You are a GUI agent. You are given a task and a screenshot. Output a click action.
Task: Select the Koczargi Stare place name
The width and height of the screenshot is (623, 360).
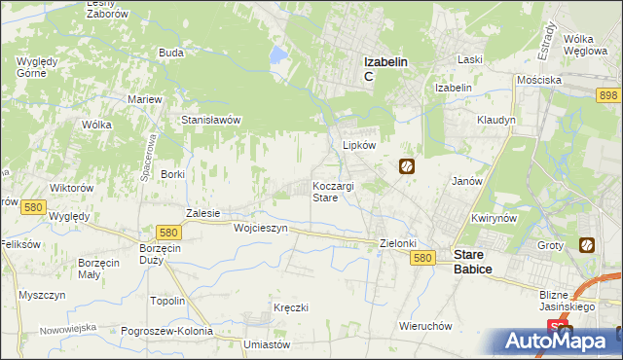click(x=333, y=191)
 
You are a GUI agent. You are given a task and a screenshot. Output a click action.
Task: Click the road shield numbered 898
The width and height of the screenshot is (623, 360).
click(x=609, y=94)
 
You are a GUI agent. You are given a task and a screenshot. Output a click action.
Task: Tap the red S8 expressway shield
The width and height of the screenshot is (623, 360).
click(x=555, y=327)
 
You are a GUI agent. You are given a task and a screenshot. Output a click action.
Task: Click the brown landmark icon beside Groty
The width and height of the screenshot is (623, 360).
click(x=587, y=245)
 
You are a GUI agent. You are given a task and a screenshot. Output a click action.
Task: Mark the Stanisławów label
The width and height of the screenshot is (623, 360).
click(x=211, y=120)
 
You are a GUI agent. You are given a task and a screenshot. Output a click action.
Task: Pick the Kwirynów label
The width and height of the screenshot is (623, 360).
click(x=493, y=219)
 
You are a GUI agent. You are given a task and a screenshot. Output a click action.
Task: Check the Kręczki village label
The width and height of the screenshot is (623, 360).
click(x=291, y=307)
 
